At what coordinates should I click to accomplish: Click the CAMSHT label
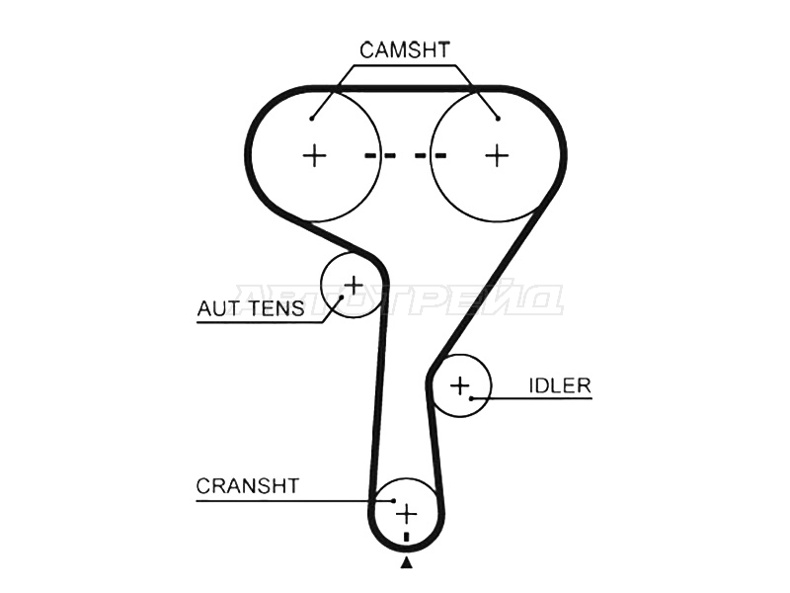pyautogui.click(x=405, y=48)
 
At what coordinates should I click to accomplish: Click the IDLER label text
pyautogui.click(x=560, y=385)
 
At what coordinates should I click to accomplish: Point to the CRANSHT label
pyautogui.click(x=247, y=485)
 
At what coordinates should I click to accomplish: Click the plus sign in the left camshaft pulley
pyautogui.click(x=314, y=155)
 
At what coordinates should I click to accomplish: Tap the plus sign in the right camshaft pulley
pyautogui.click(x=497, y=155)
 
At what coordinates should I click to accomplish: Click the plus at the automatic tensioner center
pyautogui.click(x=353, y=286)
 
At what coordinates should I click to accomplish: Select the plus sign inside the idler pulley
pyautogui.click(x=459, y=384)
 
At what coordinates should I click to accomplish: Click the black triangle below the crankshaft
pyautogui.click(x=406, y=563)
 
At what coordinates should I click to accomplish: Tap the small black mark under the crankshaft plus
pyautogui.click(x=406, y=537)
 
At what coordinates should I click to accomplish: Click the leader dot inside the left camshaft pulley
pyautogui.click(x=311, y=119)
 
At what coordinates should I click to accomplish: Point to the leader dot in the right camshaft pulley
pyautogui.click(x=499, y=119)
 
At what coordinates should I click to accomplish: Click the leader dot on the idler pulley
pyautogui.click(x=473, y=398)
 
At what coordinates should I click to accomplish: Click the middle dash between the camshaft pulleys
pyautogui.click(x=405, y=155)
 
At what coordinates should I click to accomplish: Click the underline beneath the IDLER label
pyautogui.click(x=538, y=398)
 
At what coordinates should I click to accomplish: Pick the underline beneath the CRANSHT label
pyautogui.click(x=286, y=500)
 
